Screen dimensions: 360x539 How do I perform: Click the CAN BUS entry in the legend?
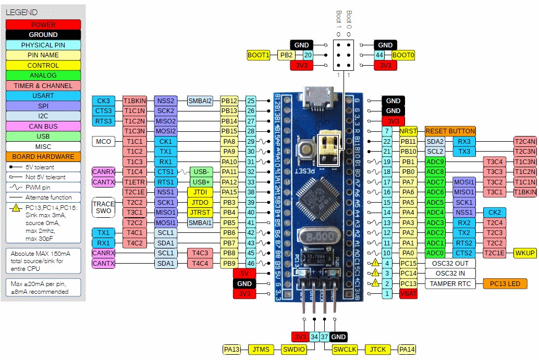click(x=43, y=126)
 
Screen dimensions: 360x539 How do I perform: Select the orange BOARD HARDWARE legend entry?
click(x=43, y=156)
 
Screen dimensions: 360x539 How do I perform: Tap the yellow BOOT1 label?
click(x=259, y=55)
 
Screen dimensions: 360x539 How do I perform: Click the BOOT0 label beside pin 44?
click(x=403, y=55)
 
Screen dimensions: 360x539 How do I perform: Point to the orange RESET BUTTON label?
click(x=450, y=131)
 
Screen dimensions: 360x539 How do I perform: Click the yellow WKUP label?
click(x=524, y=253)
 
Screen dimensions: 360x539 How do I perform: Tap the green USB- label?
click(x=201, y=172)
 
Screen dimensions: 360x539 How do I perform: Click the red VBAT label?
click(x=408, y=294)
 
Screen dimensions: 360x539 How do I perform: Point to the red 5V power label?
click(x=244, y=274)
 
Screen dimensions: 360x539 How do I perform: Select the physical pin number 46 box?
click(x=251, y=264)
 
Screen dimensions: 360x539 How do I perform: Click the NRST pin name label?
click(x=408, y=131)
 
